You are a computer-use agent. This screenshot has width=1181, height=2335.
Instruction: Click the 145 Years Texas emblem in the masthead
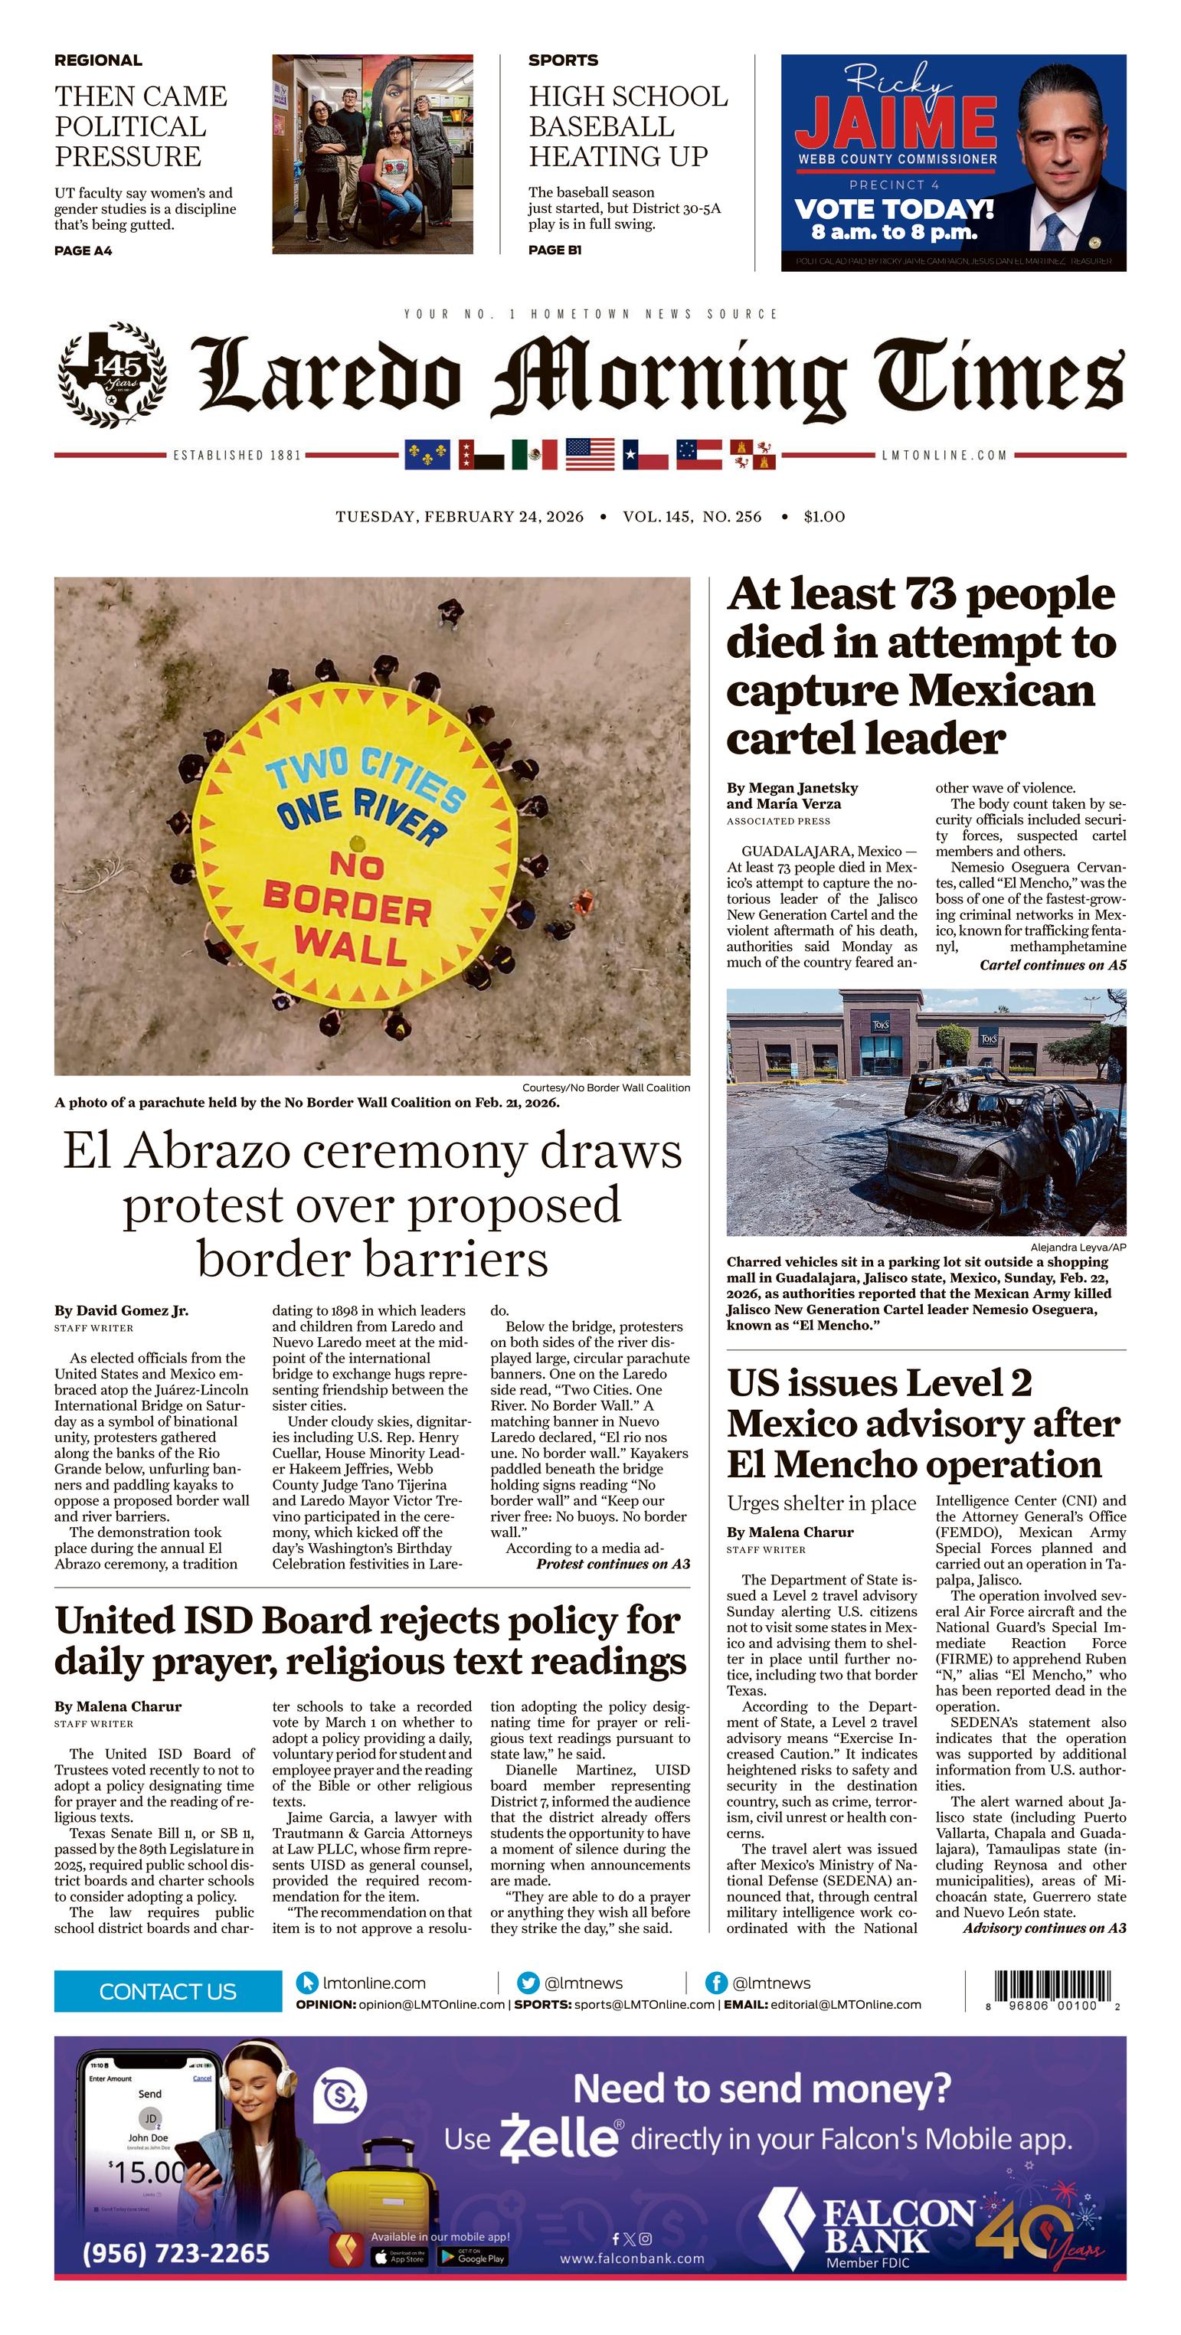pyautogui.click(x=112, y=374)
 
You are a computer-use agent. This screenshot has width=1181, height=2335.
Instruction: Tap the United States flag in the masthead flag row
pyautogui.click(x=589, y=454)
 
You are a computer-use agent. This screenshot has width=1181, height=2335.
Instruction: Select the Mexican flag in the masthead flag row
pyautogui.click(x=535, y=454)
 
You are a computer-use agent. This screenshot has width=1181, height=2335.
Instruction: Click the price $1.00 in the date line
pyautogui.click(x=824, y=517)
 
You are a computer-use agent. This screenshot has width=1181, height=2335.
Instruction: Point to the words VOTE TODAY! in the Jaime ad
pyautogui.click(x=894, y=209)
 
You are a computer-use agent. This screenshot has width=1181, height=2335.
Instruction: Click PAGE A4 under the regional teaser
pyautogui.click(x=83, y=250)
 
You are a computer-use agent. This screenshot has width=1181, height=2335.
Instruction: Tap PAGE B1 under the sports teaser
pyautogui.click(x=555, y=250)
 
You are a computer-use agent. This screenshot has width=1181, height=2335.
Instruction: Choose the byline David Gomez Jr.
pyautogui.click(x=122, y=1311)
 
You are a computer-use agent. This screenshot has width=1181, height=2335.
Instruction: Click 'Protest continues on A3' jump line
pyautogui.click(x=613, y=1564)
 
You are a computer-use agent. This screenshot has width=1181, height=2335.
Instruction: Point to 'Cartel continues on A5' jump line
pyautogui.click(x=1052, y=966)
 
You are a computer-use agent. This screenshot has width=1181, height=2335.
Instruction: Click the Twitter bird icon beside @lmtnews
pyautogui.click(x=528, y=1983)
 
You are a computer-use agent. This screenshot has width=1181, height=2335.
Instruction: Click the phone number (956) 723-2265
pyautogui.click(x=176, y=2253)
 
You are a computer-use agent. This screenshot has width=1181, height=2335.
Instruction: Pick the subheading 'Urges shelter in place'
pyautogui.click(x=821, y=1504)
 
